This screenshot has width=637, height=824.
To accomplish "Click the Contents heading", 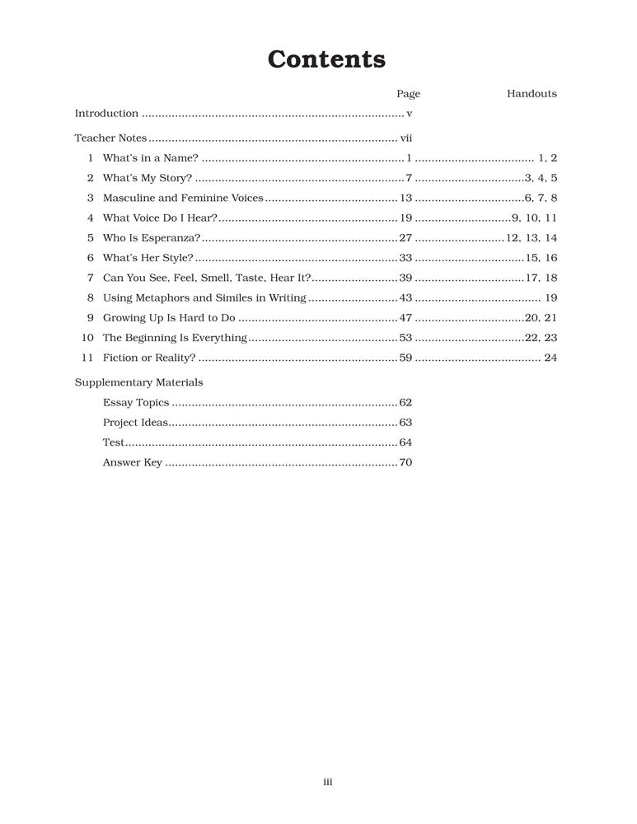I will click(326, 60).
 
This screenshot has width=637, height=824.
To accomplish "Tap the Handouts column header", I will click(532, 94).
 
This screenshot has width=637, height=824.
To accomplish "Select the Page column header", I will click(408, 94).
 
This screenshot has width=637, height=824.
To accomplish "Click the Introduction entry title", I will click(106, 114).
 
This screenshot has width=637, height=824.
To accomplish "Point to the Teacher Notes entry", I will click(110, 138).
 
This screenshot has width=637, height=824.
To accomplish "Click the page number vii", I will click(405, 138).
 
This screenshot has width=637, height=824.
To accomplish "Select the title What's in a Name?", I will click(150, 157).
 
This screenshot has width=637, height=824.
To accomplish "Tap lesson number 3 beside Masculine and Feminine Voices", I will click(91, 198).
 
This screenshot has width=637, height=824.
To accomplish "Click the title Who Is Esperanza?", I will click(152, 238).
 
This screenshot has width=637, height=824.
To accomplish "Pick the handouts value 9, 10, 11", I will click(534, 218).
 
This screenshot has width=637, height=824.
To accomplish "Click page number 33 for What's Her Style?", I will click(405, 258).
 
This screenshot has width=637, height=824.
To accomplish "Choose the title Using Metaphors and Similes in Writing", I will click(204, 298).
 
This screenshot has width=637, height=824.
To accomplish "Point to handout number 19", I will click(551, 298).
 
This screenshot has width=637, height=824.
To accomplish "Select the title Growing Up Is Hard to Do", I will click(169, 318).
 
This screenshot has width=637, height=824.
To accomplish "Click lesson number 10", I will click(88, 338).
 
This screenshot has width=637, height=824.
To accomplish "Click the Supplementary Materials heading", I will click(138, 382).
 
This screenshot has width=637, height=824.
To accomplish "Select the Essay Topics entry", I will click(136, 403).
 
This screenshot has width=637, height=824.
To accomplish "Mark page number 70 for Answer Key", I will click(405, 463).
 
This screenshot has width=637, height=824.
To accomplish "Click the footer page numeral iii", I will click(327, 783).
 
